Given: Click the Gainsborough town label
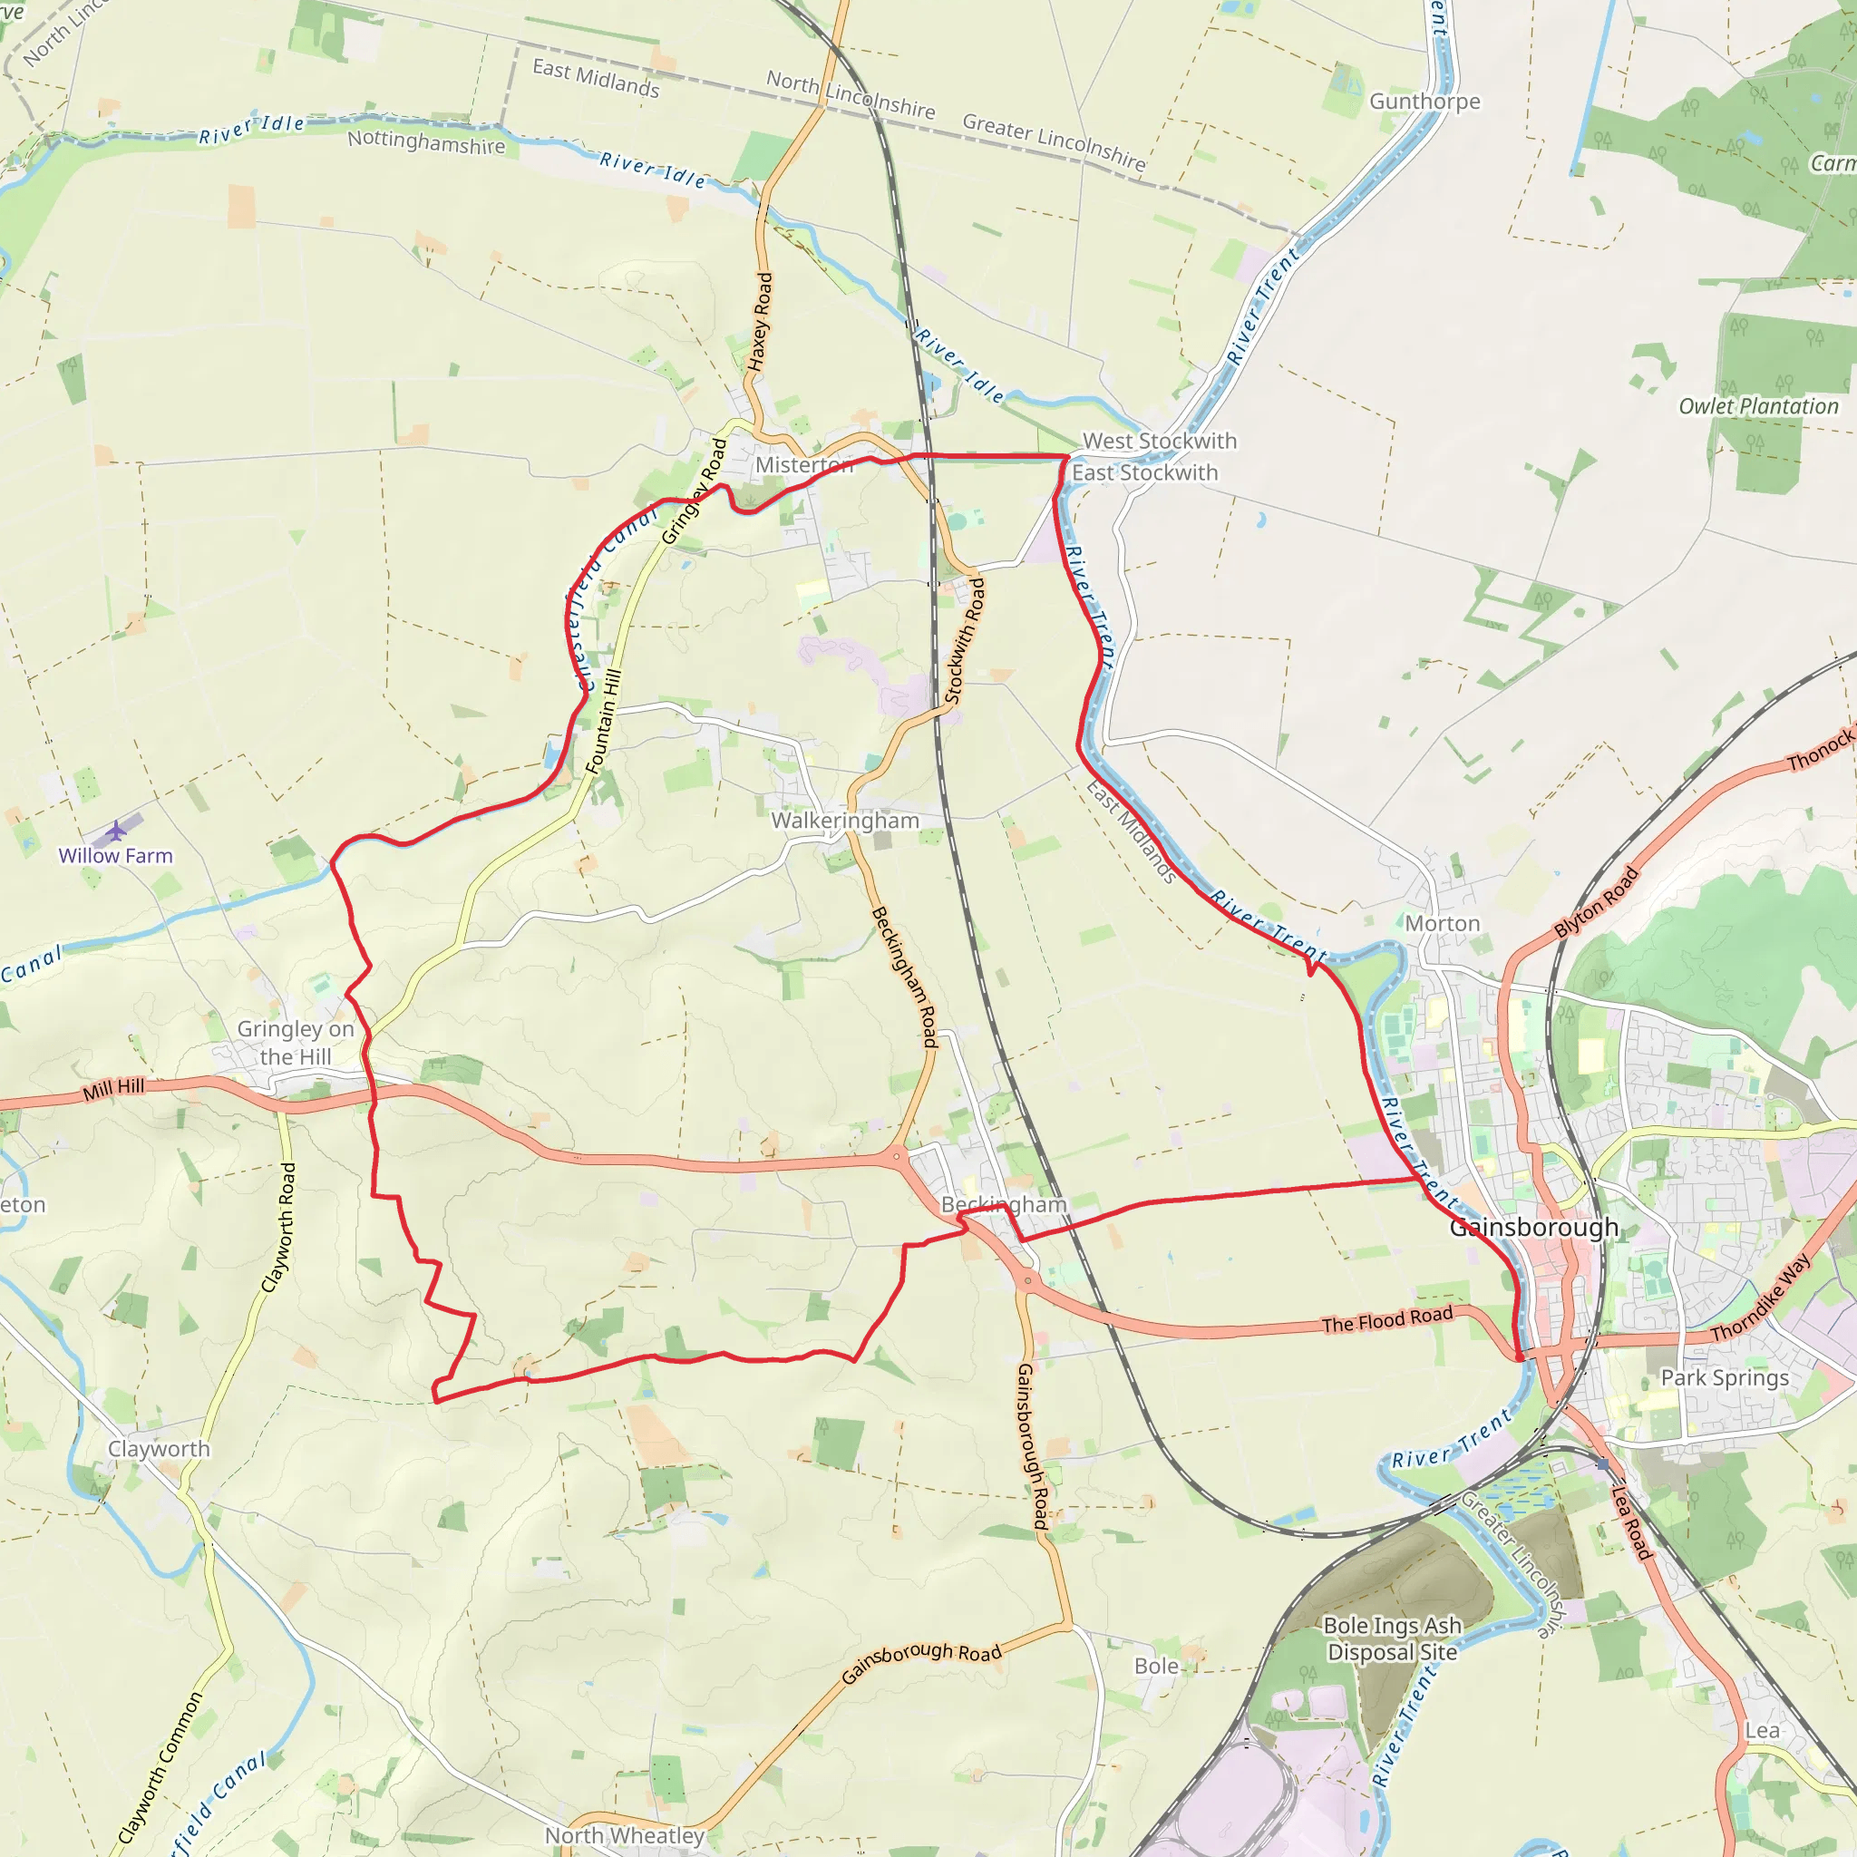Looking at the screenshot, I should point(1533,1228).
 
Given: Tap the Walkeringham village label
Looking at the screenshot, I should point(845,821).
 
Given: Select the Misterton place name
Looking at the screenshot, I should point(803,465).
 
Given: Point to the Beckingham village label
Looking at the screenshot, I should point(1004,1204).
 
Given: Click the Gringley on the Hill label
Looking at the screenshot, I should point(295,1043).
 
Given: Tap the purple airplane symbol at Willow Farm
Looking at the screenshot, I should point(116,830).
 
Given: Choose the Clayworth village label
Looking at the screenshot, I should point(159,1450).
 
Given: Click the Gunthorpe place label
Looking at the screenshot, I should point(1424,102).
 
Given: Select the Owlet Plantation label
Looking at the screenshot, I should point(1758,406).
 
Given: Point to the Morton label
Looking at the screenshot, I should point(1442,924).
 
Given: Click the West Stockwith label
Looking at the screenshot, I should point(1159,442).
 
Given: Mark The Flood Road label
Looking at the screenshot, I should point(1386,1319).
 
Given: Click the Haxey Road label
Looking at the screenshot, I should point(760,322).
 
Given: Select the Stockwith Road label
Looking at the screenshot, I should point(965,641).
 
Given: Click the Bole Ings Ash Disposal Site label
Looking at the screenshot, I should point(1392,1638).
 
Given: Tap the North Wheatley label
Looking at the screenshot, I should point(625,1836).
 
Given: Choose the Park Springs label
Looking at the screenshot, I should point(1725,1378).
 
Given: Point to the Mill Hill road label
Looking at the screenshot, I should point(113,1089).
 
